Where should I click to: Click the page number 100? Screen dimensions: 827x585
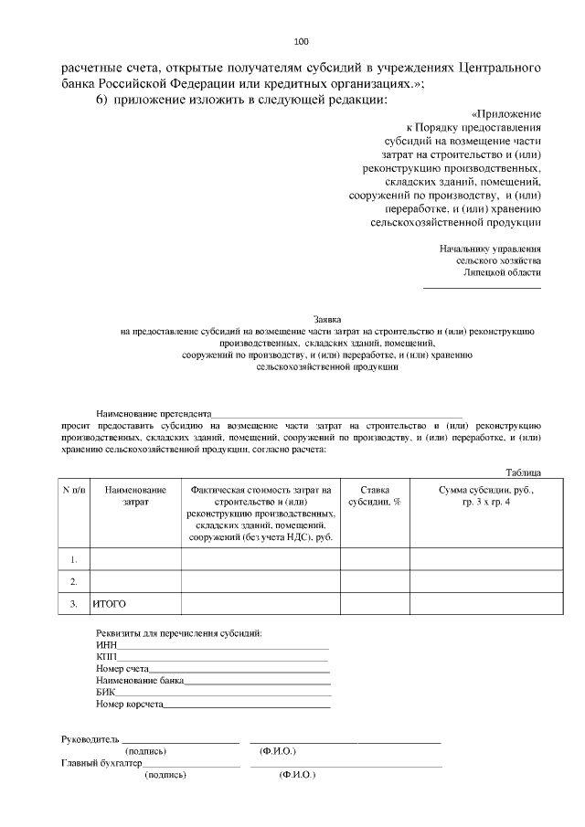point(302,40)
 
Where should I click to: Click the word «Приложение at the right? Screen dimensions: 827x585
point(505,113)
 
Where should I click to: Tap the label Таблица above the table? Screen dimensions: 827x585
point(524,472)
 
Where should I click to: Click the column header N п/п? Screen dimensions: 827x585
point(74,491)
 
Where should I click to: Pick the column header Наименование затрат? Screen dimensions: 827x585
point(135,496)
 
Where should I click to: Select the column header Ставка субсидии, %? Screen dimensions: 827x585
point(375,496)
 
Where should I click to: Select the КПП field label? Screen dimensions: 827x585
point(106,656)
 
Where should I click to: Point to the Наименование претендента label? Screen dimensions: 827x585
point(154,413)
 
